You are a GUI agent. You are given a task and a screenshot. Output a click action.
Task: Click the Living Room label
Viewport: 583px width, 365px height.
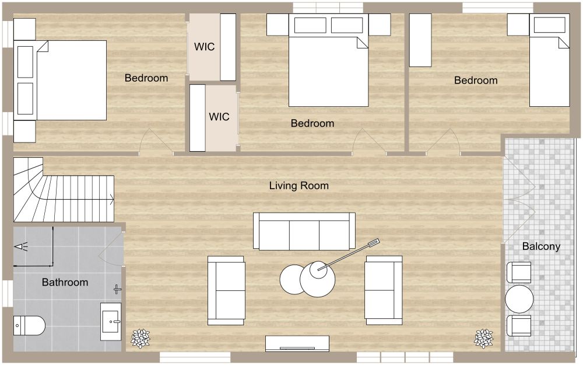[x=298, y=186]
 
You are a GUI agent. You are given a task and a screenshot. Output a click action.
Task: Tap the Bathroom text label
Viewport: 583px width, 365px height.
[x=65, y=282]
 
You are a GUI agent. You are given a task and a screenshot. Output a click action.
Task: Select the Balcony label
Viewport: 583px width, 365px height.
[x=541, y=246]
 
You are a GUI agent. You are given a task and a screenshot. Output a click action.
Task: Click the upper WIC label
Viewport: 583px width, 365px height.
[x=204, y=47]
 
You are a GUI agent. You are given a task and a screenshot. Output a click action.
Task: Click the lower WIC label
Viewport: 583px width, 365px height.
[x=219, y=117]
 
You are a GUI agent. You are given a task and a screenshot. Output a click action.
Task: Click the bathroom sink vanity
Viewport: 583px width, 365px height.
[x=111, y=321]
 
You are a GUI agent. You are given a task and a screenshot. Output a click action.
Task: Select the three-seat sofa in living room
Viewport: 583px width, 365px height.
[x=304, y=231]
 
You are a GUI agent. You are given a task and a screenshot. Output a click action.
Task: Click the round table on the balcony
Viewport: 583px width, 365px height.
[x=519, y=299]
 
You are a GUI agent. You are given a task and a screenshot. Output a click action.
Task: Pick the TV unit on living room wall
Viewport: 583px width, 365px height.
[x=297, y=343]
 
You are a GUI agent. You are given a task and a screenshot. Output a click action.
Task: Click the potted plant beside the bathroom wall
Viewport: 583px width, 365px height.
[x=140, y=338]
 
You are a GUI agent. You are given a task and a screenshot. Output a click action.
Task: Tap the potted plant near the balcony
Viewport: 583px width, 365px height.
[x=483, y=338]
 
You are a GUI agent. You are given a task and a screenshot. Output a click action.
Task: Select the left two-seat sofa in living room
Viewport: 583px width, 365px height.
[x=226, y=290]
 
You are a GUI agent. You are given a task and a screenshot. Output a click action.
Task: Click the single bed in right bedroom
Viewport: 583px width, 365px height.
[x=549, y=61]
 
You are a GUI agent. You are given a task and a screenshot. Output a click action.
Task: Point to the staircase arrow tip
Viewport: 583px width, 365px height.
[x=113, y=199]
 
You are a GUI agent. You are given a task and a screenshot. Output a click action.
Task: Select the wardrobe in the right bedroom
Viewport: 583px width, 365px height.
[x=420, y=40]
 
